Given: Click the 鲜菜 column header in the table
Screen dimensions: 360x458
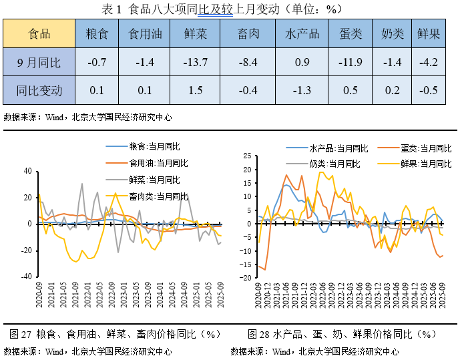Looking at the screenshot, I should point(195,33).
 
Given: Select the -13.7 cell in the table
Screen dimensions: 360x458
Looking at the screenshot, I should point(195,63).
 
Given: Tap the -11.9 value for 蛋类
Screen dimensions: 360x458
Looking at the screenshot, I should point(350,63).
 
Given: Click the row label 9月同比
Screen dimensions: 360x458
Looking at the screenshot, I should point(38,63).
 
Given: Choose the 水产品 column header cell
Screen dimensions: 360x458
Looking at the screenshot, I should point(302,33).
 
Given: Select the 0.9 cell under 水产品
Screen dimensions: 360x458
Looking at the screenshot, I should point(302,63).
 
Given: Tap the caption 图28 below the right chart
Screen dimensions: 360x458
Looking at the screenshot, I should point(340,333).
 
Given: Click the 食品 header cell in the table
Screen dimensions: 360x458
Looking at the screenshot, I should point(38,33).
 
